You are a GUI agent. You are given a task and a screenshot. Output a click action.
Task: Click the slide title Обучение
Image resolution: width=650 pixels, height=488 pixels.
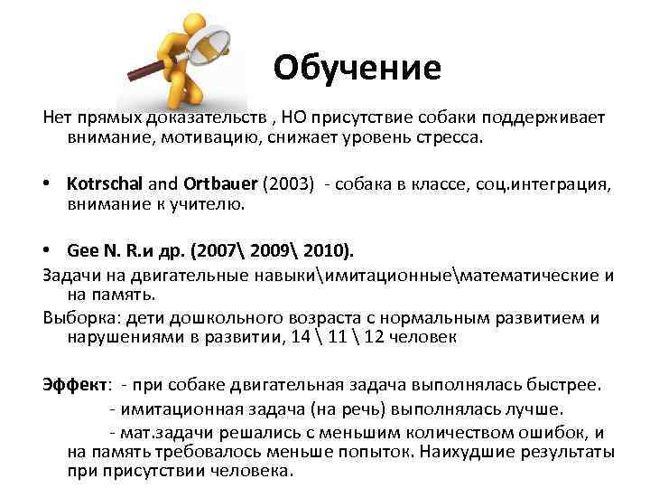click(357, 68)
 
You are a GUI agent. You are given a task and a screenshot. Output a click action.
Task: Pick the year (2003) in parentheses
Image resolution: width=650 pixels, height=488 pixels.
click(287, 185)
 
